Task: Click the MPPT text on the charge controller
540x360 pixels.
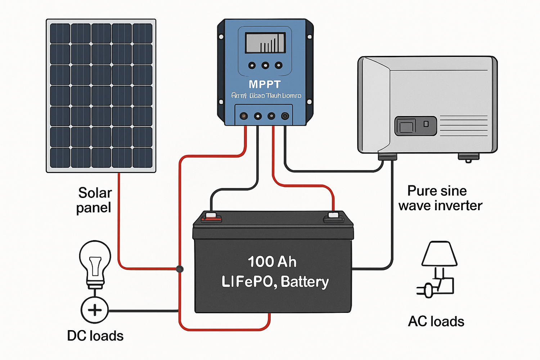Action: (x=265, y=84)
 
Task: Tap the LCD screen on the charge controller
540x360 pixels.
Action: (x=265, y=43)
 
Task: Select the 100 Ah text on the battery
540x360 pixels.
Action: (x=272, y=262)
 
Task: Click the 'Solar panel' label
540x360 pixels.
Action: (x=94, y=200)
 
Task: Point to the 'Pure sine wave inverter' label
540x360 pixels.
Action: (x=440, y=198)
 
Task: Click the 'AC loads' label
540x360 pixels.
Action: (x=436, y=321)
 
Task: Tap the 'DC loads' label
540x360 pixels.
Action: (x=95, y=336)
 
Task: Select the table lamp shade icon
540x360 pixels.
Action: (x=439, y=253)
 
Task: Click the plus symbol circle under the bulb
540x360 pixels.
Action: (x=95, y=310)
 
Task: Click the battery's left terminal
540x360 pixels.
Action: (x=211, y=217)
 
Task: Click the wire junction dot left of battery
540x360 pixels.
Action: (x=179, y=269)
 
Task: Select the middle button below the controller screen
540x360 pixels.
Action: (x=265, y=66)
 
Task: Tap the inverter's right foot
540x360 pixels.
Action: (x=468, y=157)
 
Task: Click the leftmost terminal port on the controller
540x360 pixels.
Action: (x=244, y=116)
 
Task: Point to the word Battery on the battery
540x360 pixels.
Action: (x=305, y=282)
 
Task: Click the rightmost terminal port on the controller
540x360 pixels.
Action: (x=285, y=116)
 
